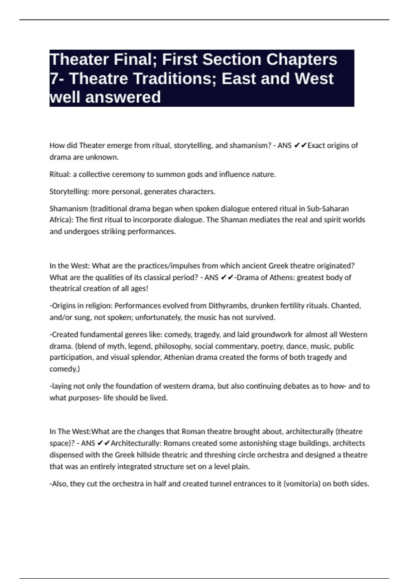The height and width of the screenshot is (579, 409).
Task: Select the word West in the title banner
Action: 314,79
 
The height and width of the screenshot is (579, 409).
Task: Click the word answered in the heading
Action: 123,97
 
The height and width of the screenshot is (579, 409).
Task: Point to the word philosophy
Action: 172,346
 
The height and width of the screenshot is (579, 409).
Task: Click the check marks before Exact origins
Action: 300,145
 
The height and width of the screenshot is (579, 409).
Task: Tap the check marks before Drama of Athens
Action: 227,277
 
